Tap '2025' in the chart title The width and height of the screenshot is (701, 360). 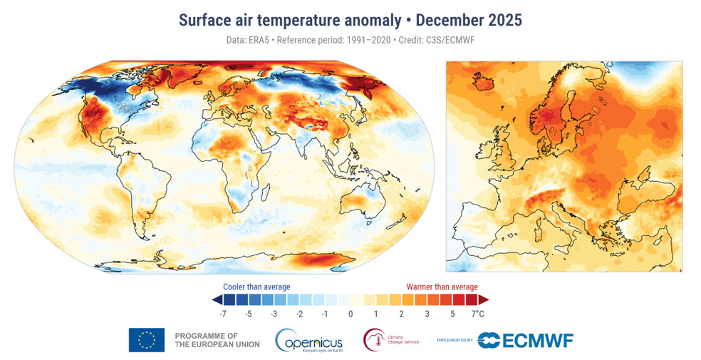click(x=502, y=20)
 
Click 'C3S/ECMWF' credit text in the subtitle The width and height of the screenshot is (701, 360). click(x=445, y=40)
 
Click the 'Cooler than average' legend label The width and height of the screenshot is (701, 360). click(x=256, y=287)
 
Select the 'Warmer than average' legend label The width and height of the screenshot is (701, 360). click(x=442, y=287)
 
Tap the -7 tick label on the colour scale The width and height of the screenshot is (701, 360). click(x=222, y=314)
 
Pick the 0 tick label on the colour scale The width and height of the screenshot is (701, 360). click(x=350, y=314)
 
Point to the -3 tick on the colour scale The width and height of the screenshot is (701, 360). click(x=274, y=314)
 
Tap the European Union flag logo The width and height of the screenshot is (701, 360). click(x=147, y=340)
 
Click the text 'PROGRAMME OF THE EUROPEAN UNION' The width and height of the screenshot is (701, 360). click(x=217, y=340)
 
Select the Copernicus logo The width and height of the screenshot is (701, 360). click(x=309, y=340)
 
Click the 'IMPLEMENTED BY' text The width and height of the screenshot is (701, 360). click(x=455, y=341)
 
